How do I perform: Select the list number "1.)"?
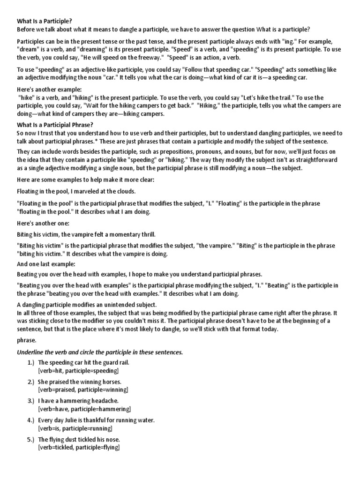[x=30, y=362]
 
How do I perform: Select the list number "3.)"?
[x=30, y=401]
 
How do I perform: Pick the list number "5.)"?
[x=30, y=439]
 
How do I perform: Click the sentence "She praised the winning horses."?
[x=80, y=382]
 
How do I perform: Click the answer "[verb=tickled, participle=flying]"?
[x=79, y=447]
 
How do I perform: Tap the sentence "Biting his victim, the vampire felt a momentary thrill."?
[x=86, y=234]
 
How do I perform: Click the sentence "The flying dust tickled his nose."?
[x=79, y=439]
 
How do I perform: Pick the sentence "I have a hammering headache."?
[x=78, y=401]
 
